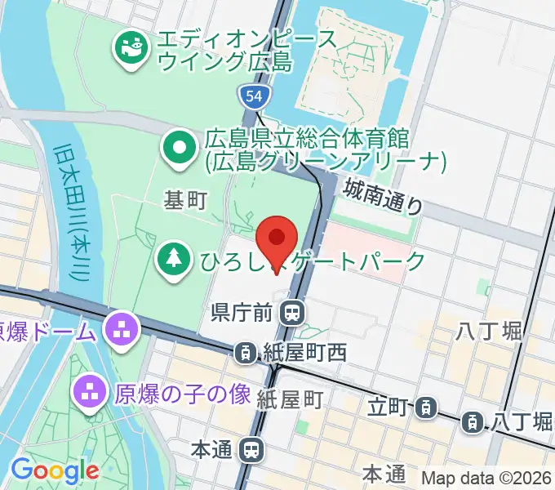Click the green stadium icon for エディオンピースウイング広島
point(130,47)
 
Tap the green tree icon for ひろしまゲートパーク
point(173,261)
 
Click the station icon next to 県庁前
point(290,311)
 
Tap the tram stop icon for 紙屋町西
point(244,354)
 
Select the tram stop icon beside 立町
point(425,406)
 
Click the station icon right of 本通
point(253,449)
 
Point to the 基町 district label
point(185,199)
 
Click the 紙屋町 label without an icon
point(291,399)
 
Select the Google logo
point(55,470)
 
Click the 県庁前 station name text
point(244,311)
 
